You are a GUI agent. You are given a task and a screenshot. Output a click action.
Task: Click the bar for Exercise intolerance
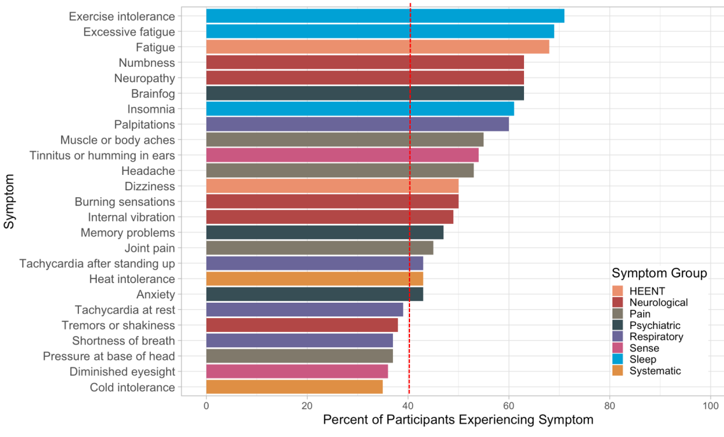(x=385, y=16)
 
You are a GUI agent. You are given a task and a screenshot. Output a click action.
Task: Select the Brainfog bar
(x=365, y=94)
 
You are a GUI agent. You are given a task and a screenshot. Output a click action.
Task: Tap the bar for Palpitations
(x=357, y=125)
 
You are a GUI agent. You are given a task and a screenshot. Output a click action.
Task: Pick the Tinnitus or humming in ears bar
(x=342, y=155)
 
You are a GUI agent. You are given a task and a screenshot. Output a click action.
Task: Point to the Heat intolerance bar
(x=315, y=279)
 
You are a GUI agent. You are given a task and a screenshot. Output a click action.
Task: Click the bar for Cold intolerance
(x=294, y=387)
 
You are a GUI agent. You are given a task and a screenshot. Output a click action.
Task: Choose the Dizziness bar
(x=332, y=186)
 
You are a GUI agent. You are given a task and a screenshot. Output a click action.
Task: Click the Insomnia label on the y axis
(x=151, y=109)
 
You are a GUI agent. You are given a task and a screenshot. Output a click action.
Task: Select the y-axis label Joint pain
(x=150, y=248)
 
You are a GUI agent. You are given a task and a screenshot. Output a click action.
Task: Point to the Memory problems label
(x=127, y=233)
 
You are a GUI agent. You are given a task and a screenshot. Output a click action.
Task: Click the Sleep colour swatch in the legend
(x=618, y=359)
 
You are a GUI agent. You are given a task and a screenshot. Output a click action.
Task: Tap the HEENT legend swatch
(x=618, y=291)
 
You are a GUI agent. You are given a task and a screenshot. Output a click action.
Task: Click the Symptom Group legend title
(x=659, y=274)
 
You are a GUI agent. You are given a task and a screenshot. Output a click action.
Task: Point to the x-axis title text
(x=458, y=420)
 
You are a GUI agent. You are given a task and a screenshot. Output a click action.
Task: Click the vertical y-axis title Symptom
(x=9, y=202)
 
